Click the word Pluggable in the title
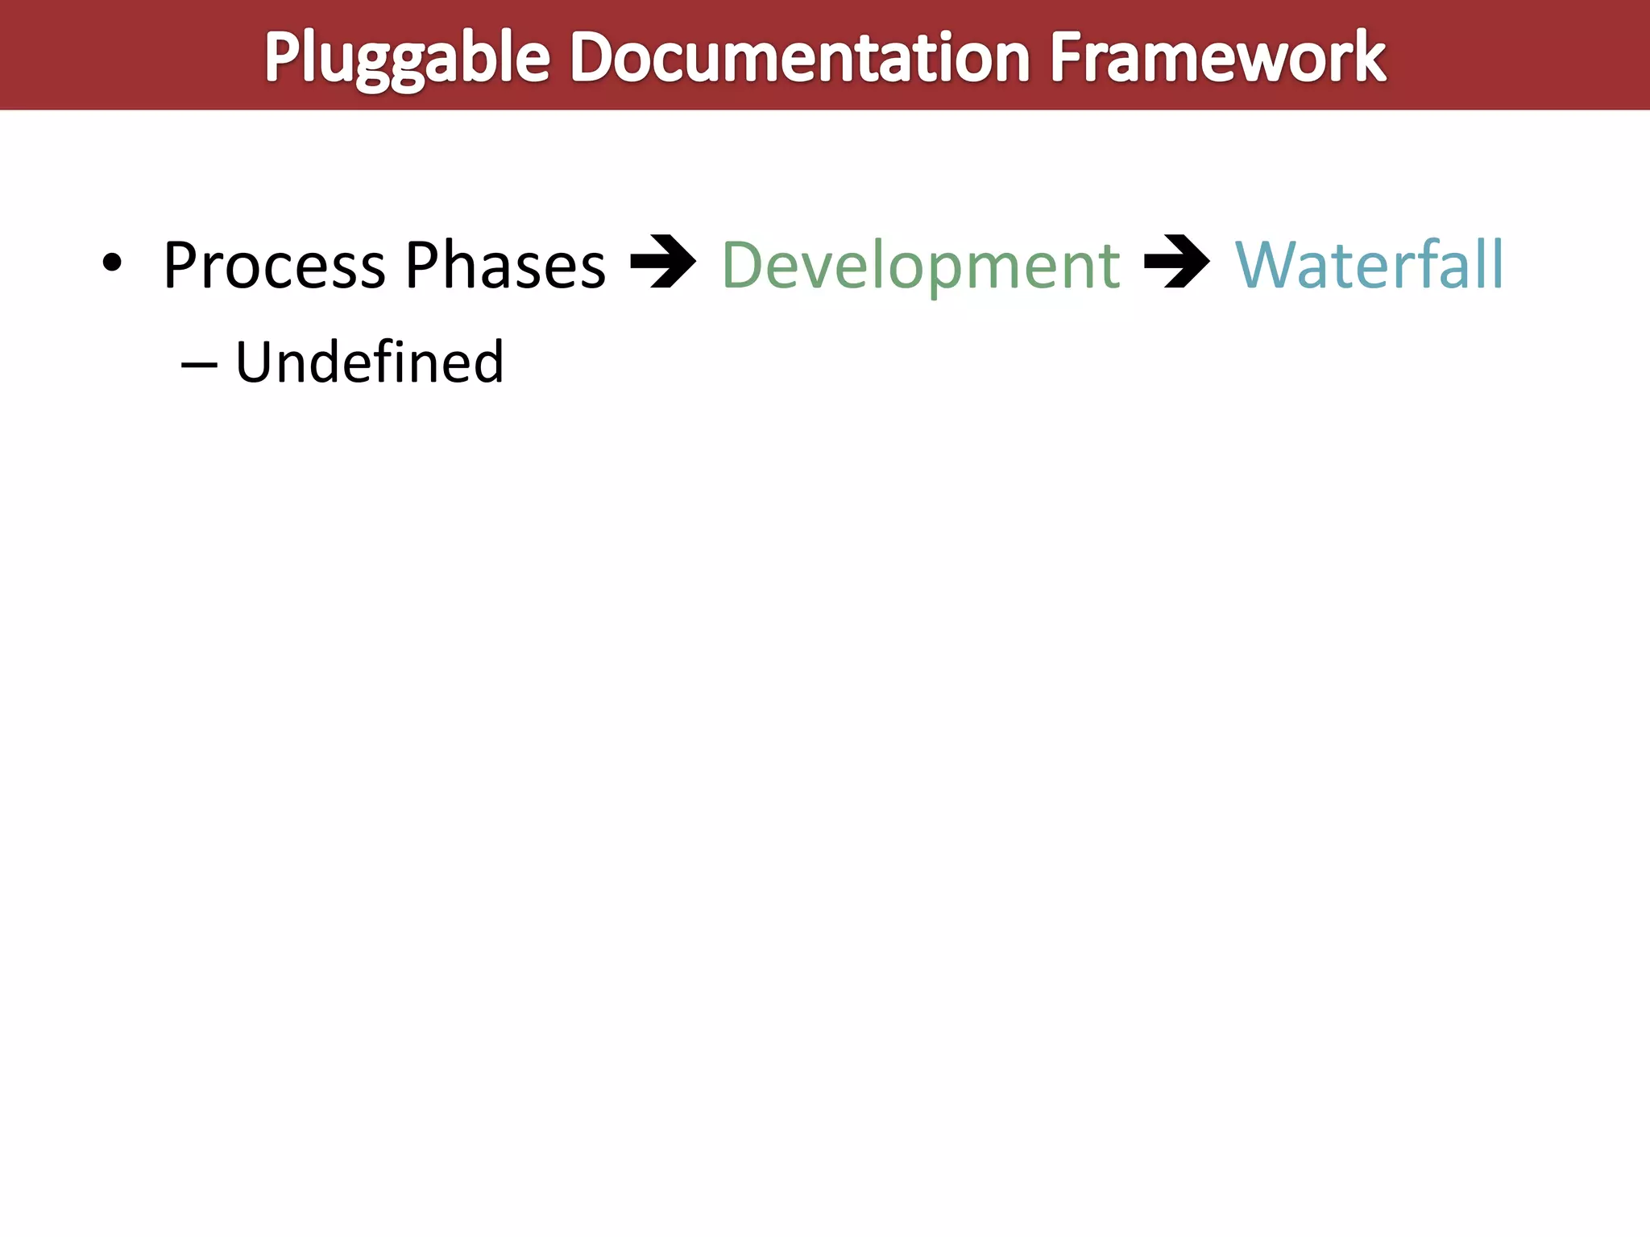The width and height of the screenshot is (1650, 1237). [x=407, y=58]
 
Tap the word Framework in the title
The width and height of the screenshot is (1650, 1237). [x=1217, y=58]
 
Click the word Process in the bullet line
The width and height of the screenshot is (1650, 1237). [x=274, y=265]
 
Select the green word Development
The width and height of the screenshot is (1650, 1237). [x=921, y=265]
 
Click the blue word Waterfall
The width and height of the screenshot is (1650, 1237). [x=1369, y=265]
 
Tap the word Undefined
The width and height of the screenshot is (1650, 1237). [x=369, y=362]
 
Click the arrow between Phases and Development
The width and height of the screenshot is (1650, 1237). [x=663, y=262]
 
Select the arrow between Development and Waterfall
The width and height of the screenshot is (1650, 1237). [x=1177, y=262]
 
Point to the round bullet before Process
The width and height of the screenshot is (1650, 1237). [x=112, y=263]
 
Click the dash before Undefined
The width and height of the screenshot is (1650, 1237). [x=199, y=365]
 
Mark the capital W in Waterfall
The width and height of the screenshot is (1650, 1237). [x=1269, y=265]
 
